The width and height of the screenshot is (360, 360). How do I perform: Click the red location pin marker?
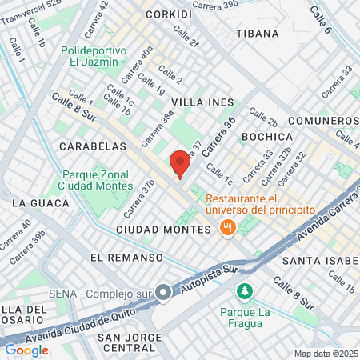coord(179,164)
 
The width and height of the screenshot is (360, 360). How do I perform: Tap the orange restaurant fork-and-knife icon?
coord(227,228)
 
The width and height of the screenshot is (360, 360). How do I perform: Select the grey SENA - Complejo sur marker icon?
coord(163,293)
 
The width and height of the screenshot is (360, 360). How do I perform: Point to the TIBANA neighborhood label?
coord(258,34)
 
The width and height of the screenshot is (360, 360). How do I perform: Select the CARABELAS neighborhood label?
coord(93,147)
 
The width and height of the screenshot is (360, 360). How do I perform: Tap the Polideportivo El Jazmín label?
coord(94,54)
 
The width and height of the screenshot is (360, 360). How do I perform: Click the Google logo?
coord(26,350)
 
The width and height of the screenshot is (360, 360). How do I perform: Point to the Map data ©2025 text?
coord(324,354)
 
